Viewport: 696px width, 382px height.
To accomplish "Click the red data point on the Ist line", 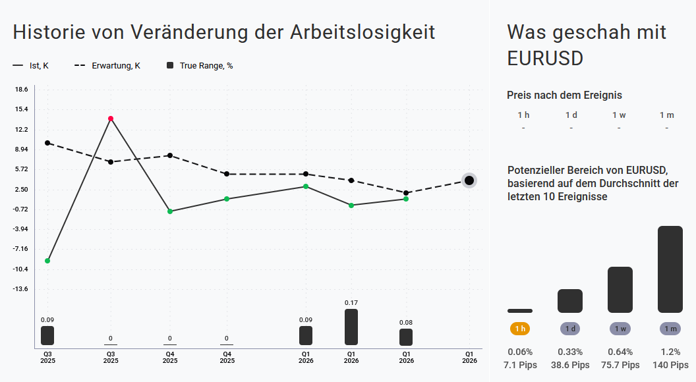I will (111, 119).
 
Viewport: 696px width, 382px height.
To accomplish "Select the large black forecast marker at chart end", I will (469, 180).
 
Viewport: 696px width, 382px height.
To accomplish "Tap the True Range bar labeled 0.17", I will (351, 327).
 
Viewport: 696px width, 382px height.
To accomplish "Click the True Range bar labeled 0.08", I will (406, 337).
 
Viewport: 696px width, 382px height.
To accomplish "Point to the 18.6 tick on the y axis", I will (22, 90).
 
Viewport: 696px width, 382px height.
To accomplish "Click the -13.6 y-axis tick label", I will (22, 289).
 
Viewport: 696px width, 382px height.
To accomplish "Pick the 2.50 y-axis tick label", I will (22, 190).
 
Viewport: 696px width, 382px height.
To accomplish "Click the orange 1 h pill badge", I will (520, 329).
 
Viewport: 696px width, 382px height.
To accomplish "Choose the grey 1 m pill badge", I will (670, 329).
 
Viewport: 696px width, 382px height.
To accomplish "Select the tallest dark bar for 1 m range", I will (670, 269).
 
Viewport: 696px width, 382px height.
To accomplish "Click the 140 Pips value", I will (670, 365).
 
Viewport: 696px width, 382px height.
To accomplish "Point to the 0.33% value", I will (570, 352).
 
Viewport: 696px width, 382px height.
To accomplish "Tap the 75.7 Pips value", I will (620, 365).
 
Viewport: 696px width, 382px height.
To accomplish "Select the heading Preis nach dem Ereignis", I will (564, 95).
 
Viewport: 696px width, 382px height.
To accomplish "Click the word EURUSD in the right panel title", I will (546, 58).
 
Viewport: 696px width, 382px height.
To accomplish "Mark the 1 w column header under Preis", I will (619, 115).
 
